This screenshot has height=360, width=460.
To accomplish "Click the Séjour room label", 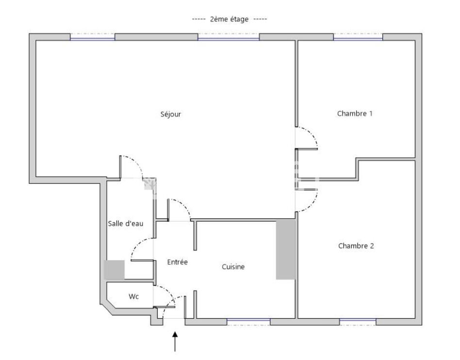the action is coord(171,114).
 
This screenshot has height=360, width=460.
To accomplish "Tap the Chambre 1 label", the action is coord(355,114).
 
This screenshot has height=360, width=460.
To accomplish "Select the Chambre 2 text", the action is coord(356,246).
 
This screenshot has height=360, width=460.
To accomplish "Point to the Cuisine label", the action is coord(233,267).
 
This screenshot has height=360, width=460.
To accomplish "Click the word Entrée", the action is coord(177,262).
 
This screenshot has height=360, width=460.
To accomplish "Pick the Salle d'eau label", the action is coord(126,224).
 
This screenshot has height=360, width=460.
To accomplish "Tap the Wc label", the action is coord(133,296).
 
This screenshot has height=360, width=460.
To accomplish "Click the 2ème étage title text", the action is coord(229,19).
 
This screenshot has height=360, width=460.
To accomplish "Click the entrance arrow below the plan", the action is coord(175,342).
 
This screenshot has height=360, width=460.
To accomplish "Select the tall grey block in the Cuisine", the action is coord(285,250).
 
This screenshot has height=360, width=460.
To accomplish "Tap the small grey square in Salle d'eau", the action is coord(114,270).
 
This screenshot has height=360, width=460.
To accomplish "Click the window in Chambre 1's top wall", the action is coord(358,37).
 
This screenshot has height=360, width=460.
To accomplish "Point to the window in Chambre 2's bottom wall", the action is coord(358,322).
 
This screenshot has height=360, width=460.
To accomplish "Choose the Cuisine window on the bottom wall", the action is coord(248,322).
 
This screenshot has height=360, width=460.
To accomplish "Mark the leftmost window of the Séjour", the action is coord(92,37).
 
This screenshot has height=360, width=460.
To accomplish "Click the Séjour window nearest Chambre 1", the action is coord(229,37).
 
